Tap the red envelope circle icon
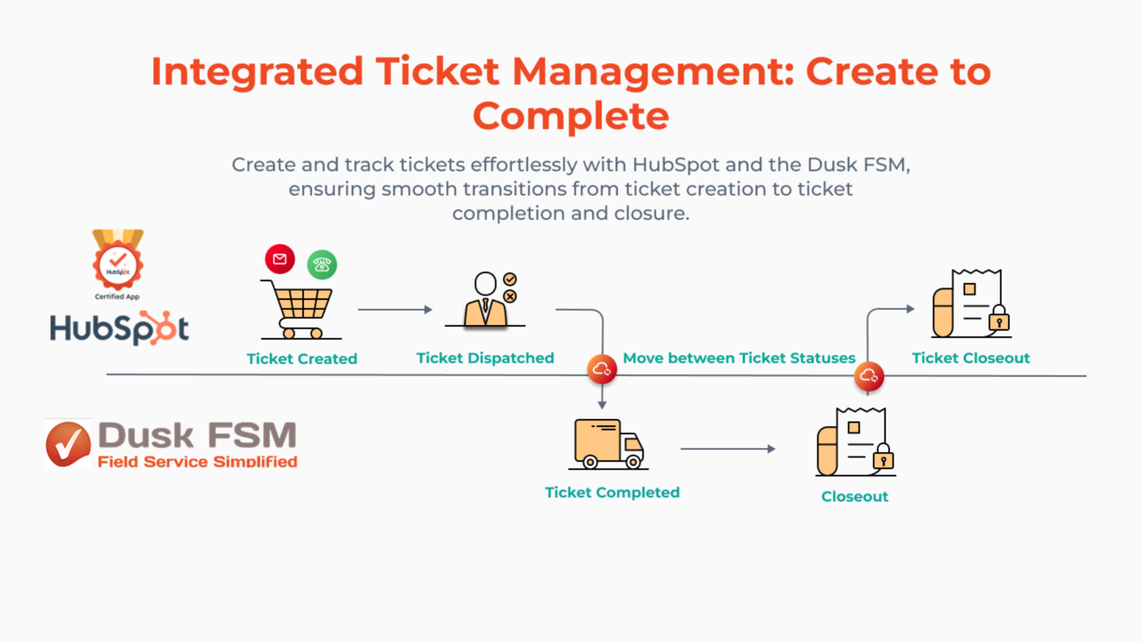tap(280, 259)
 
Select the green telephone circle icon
tap(322, 265)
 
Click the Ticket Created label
tap(302, 359)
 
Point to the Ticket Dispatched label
tap(485, 358)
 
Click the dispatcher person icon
tap(486, 300)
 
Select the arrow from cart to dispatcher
tap(395, 309)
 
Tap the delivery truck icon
tap(608, 444)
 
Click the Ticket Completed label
tap(612, 492)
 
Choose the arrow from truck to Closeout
tap(728, 449)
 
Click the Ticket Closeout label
tap(970, 358)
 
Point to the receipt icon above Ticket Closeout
tap(970, 304)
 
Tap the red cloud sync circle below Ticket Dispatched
tap(602, 369)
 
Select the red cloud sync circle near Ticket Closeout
tap(868, 376)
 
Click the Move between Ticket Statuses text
tap(739, 358)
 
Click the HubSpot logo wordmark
tap(119, 329)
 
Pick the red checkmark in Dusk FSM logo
tap(68, 444)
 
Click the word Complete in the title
tap(571, 116)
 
